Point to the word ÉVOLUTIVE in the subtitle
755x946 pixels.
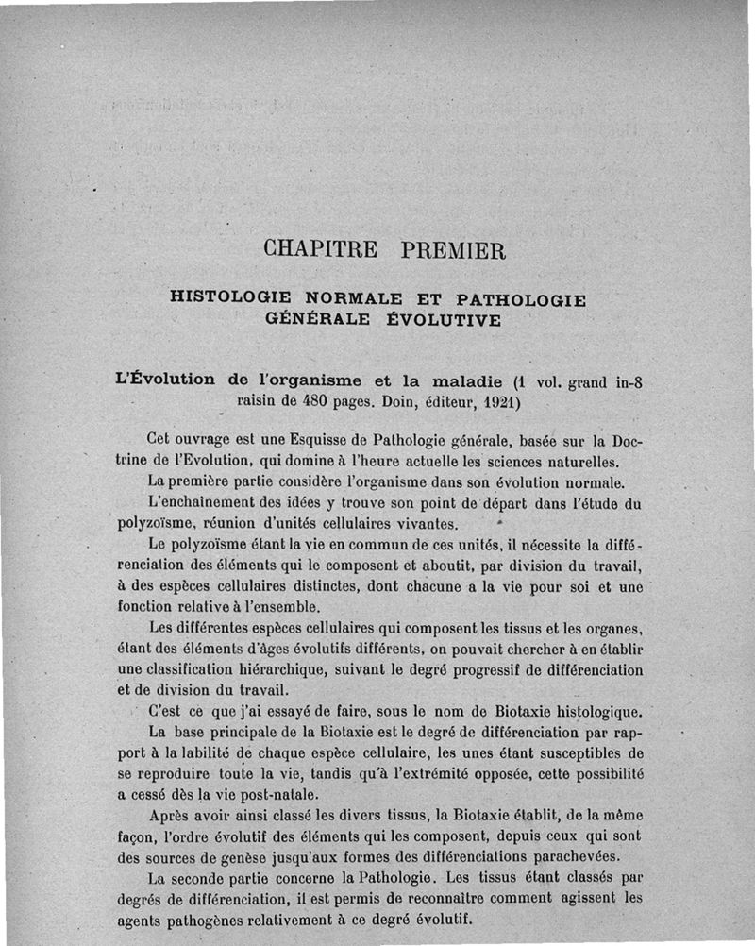coord(444,319)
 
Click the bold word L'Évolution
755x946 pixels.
coord(164,380)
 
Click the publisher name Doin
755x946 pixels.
coord(407,400)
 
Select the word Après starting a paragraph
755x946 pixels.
coord(174,816)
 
